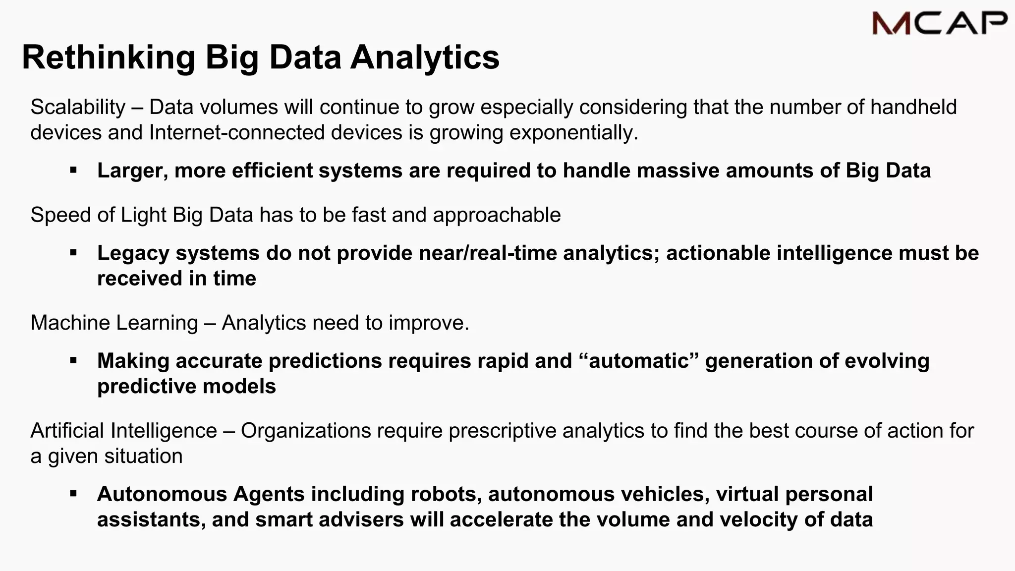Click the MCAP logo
pos(940,23)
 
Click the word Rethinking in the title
pos(109,57)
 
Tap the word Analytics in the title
pos(425,57)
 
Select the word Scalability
pos(78,107)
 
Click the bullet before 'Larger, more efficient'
pos(73,171)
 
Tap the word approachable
pos(497,215)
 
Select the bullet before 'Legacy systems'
pos(73,253)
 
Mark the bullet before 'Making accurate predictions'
pos(73,361)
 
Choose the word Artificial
pos(67,431)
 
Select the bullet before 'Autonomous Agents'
pos(73,494)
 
